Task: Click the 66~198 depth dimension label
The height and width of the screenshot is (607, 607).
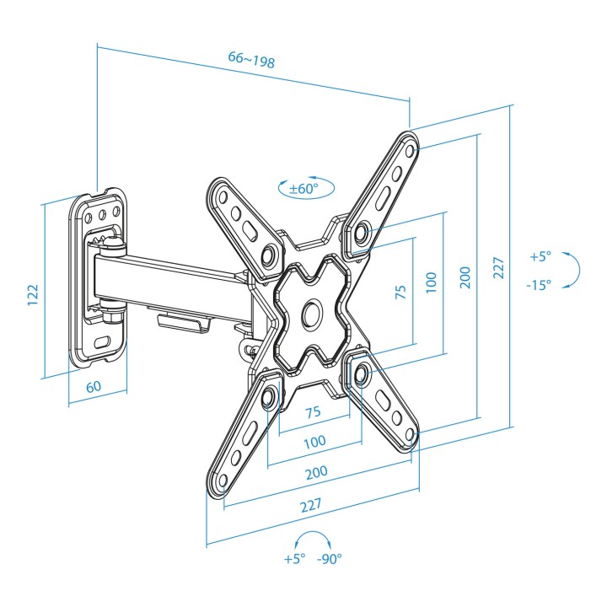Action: coord(251,59)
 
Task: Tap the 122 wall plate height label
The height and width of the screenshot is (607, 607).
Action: coord(33,295)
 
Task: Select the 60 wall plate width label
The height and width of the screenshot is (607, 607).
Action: coord(94,386)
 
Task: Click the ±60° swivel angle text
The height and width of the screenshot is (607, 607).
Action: coord(304,189)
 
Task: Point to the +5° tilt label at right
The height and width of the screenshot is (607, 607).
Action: coord(540,256)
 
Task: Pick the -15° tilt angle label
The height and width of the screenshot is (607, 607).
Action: coord(539,285)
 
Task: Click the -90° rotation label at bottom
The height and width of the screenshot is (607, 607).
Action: coord(330,559)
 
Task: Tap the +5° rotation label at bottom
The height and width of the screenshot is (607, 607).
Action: coord(294,559)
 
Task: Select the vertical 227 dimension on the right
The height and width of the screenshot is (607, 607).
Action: coord(499,268)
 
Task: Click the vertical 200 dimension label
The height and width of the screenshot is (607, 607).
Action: coord(465,277)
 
